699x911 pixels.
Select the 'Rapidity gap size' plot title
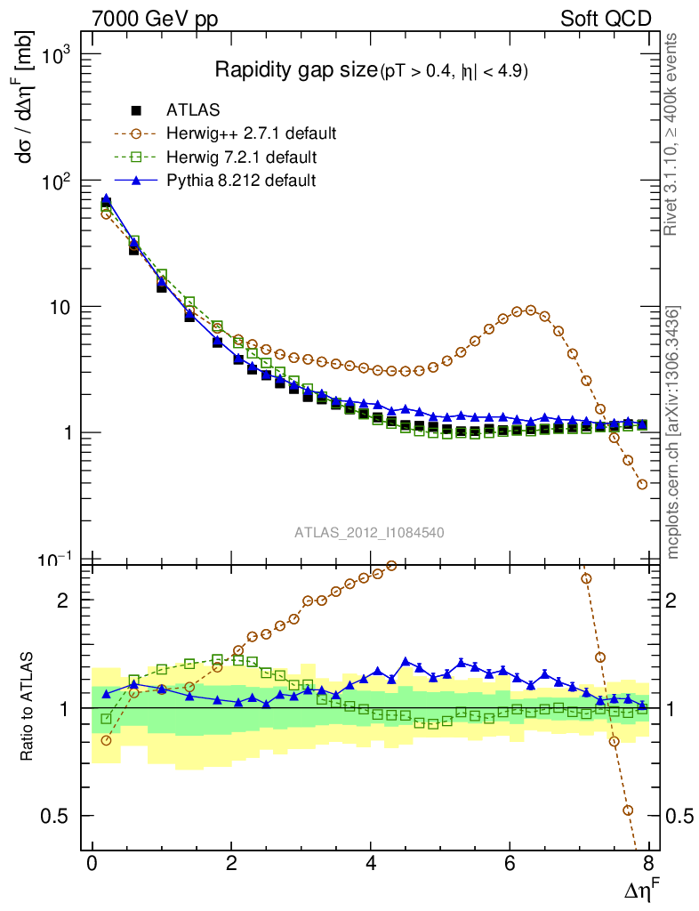pyautogui.click(x=296, y=70)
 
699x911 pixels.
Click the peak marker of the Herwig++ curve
pyautogui.click(x=531, y=310)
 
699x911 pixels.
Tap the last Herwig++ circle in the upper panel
pyautogui.click(x=642, y=485)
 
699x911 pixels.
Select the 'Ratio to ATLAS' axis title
pyautogui.click(x=27, y=707)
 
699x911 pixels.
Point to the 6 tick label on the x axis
pyautogui.click(x=510, y=864)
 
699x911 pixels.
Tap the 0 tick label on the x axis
pyautogui.click(x=92, y=864)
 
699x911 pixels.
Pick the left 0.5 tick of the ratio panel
pyautogui.click(x=62, y=816)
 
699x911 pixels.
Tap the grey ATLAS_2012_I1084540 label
pyautogui.click(x=370, y=532)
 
